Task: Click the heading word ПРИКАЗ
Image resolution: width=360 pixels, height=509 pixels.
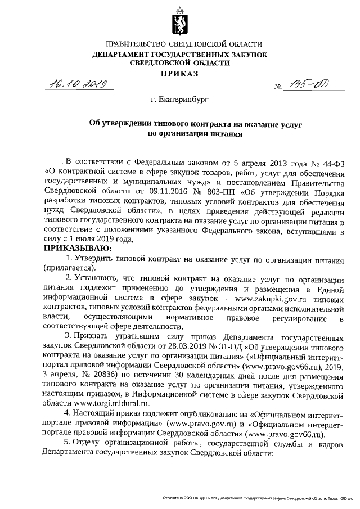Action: [x=179, y=73]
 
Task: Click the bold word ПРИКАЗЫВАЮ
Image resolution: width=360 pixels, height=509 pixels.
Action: [x=78, y=248]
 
